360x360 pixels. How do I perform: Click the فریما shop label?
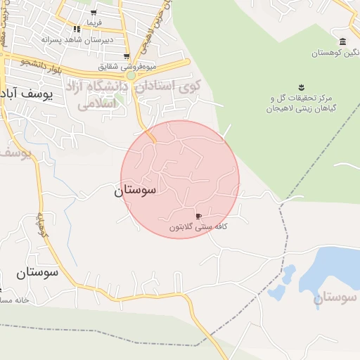click(x=94, y=22)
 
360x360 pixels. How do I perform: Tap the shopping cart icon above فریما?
click(x=94, y=13)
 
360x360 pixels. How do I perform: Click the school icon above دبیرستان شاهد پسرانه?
click(x=77, y=30)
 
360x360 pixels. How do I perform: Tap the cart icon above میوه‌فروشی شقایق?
click(x=126, y=56)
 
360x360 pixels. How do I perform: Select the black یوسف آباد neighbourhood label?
click(x=28, y=94)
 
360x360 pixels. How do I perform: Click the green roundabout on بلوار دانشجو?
click(x=131, y=75)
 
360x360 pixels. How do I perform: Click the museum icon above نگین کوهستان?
click(x=342, y=42)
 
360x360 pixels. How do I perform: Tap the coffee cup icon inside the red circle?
click(x=199, y=216)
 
